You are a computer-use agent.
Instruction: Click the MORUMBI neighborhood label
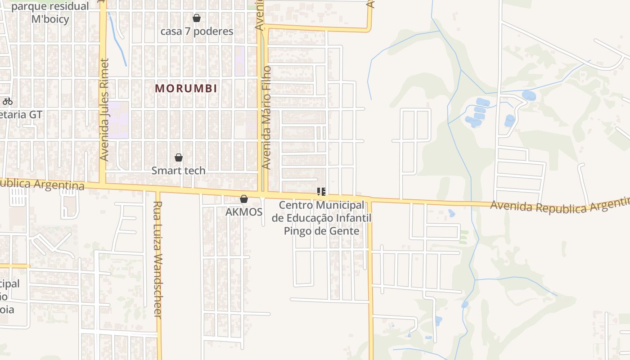pyautogui.click(x=186, y=88)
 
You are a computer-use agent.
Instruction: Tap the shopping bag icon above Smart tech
pyautogui.click(x=179, y=157)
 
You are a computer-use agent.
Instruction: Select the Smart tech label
pyautogui.click(x=178, y=171)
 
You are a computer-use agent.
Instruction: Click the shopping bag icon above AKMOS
pyautogui.click(x=244, y=199)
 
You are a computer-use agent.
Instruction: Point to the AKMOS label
pyautogui.click(x=244, y=211)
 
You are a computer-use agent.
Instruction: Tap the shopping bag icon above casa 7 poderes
pyautogui.click(x=197, y=18)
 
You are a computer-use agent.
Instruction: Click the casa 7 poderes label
pyautogui.click(x=197, y=31)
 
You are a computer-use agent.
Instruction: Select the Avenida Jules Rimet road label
pyautogui.click(x=104, y=109)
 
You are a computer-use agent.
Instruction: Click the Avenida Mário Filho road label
pyautogui.click(x=266, y=117)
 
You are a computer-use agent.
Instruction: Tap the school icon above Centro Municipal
pyautogui.click(x=321, y=192)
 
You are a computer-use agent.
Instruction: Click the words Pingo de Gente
pyautogui.click(x=321, y=231)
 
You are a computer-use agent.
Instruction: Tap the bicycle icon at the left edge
pyautogui.click(x=7, y=101)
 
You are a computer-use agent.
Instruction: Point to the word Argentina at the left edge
pyautogui.click(x=65, y=185)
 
